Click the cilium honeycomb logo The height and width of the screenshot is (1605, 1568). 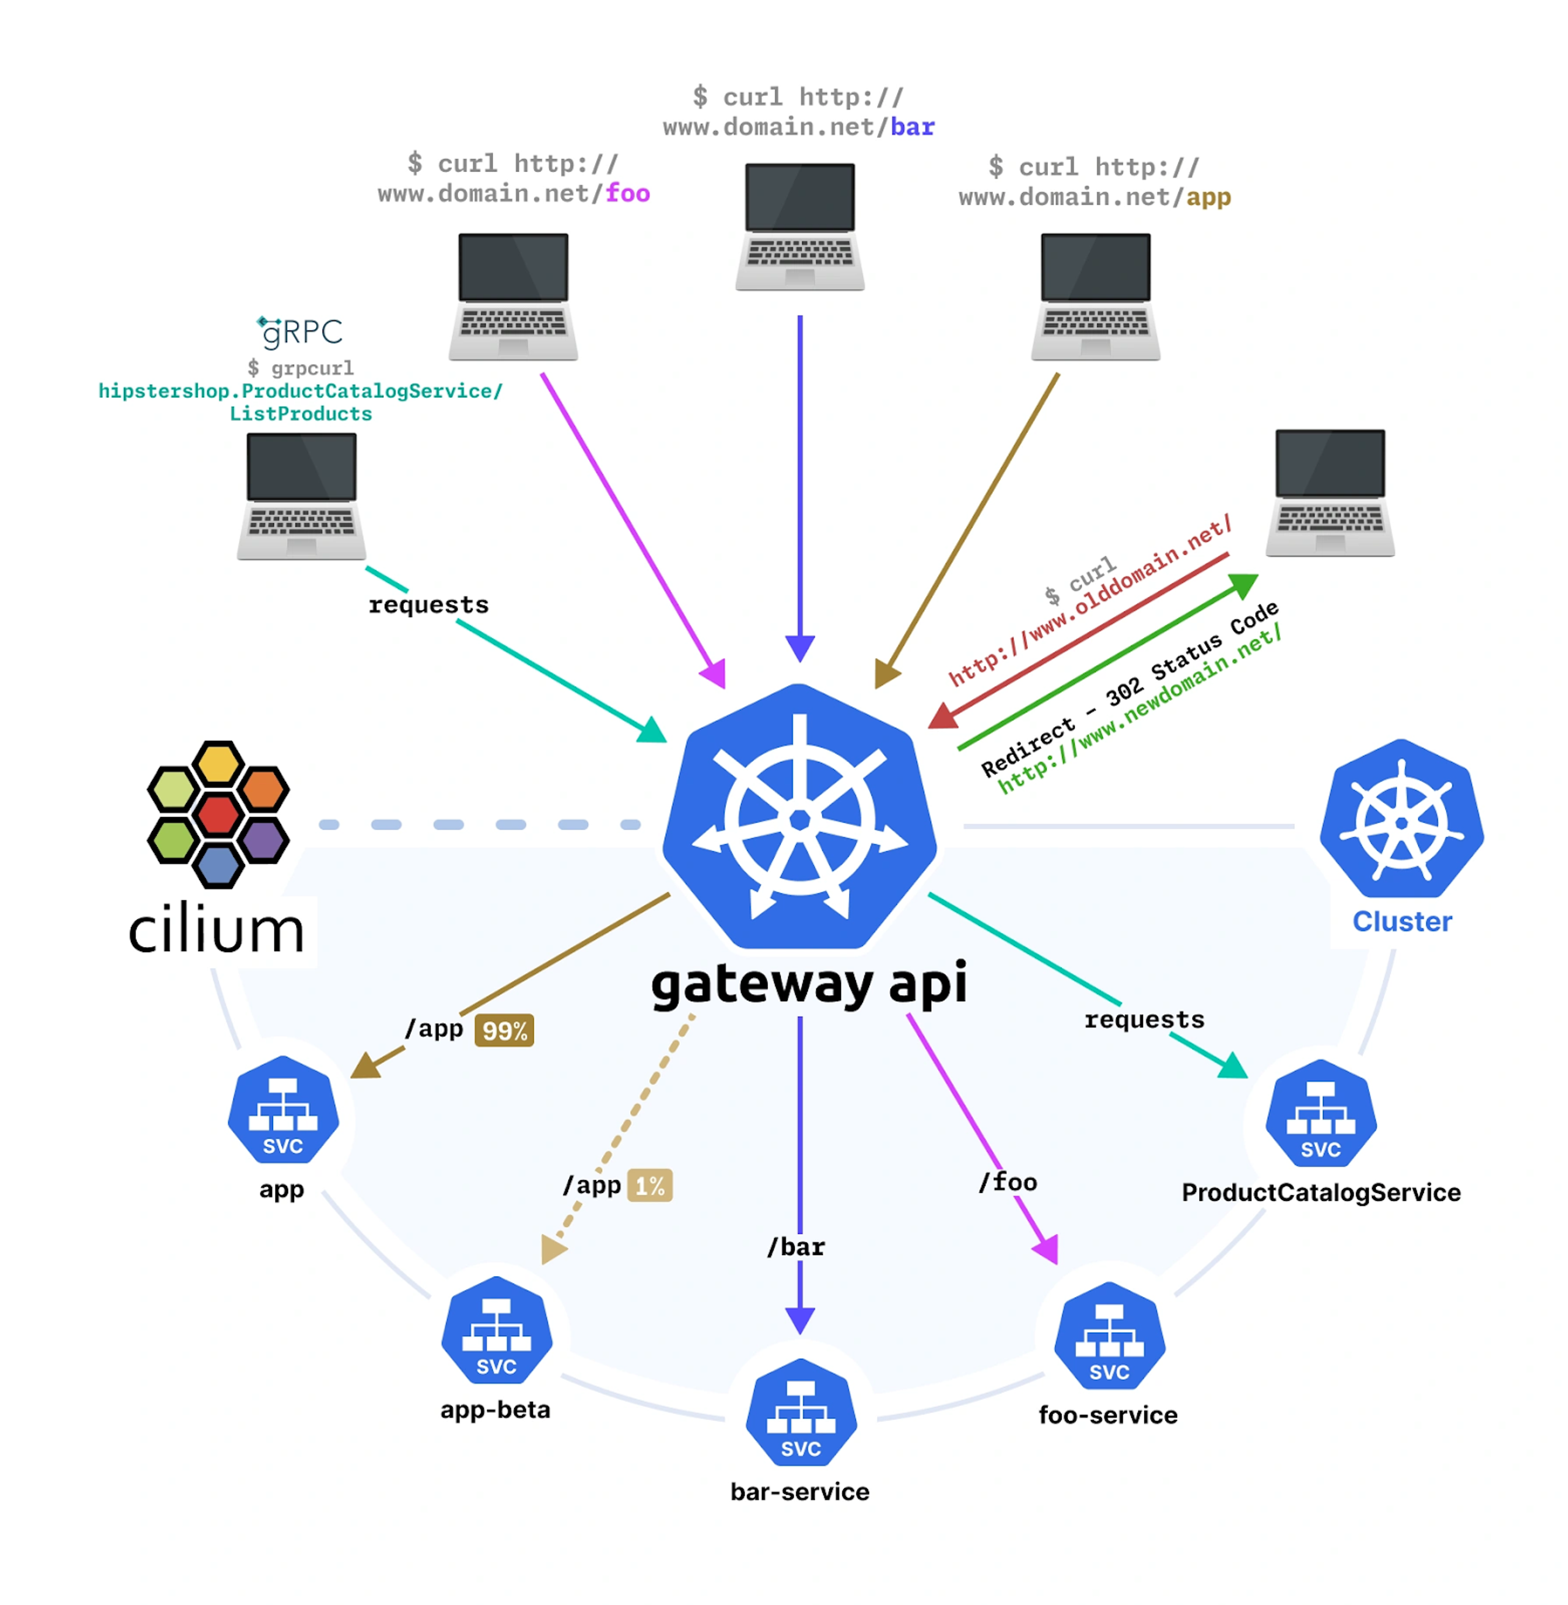[x=218, y=814]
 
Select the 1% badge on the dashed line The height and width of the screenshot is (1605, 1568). [x=650, y=1186]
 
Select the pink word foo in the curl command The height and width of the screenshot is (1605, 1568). [x=628, y=194]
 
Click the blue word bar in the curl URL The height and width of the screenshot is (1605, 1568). [x=913, y=127]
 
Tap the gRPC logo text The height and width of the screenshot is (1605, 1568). [x=301, y=332]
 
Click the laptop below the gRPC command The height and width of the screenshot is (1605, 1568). [x=301, y=497]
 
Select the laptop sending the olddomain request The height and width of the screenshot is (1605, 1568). [x=1330, y=492]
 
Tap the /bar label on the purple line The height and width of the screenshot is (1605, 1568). [x=796, y=1247]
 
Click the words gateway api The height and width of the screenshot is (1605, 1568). [x=809, y=984]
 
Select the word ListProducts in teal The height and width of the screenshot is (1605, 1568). [x=301, y=414]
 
